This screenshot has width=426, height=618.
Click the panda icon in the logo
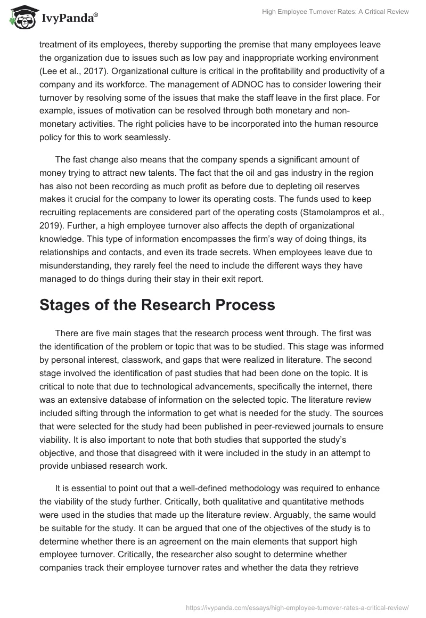tap(20, 18)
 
